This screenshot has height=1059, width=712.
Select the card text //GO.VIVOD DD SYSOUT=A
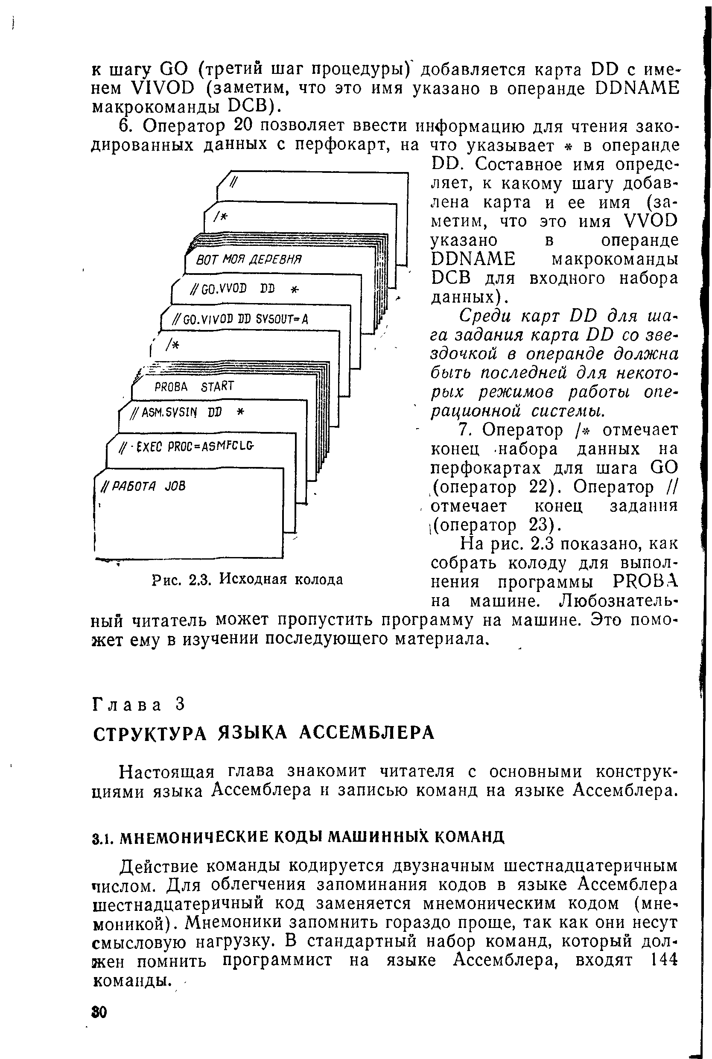tap(241, 319)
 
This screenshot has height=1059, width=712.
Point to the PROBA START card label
tap(194, 386)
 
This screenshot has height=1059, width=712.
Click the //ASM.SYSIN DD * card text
tap(187, 412)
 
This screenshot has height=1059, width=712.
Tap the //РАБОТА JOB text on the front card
tap(143, 486)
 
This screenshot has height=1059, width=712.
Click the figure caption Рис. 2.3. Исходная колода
tap(247, 579)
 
